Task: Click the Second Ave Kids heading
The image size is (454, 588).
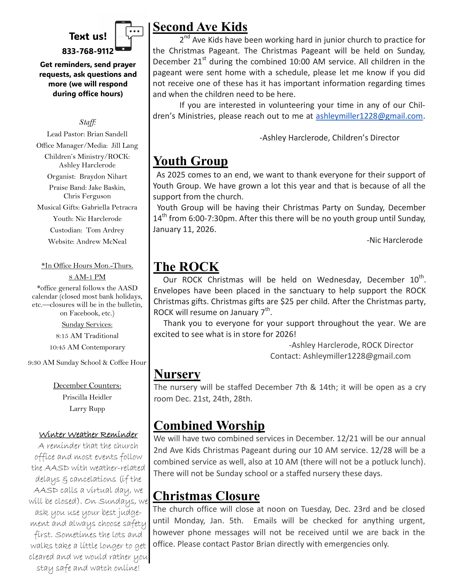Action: [x=200, y=27]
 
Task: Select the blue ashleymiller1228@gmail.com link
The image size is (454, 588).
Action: [x=369, y=116]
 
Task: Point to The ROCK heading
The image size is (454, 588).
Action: [x=186, y=267]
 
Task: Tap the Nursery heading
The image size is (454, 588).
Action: [x=177, y=374]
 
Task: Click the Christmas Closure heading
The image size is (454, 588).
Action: [x=206, y=496]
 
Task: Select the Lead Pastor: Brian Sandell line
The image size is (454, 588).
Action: [x=87, y=134]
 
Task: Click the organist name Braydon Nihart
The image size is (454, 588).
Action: [x=103, y=177]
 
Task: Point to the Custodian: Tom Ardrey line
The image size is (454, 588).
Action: [x=87, y=230]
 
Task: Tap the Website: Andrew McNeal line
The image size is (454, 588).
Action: [x=87, y=241]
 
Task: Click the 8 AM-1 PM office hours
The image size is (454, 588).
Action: [x=87, y=277]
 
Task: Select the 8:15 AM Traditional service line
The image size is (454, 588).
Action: [x=87, y=336]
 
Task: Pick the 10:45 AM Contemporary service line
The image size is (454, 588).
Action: [x=87, y=347]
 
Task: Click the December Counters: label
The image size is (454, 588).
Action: [x=87, y=386]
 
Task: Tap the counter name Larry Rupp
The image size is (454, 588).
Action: [x=87, y=409]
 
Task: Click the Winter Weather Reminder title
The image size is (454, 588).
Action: [x=88, y=435]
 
